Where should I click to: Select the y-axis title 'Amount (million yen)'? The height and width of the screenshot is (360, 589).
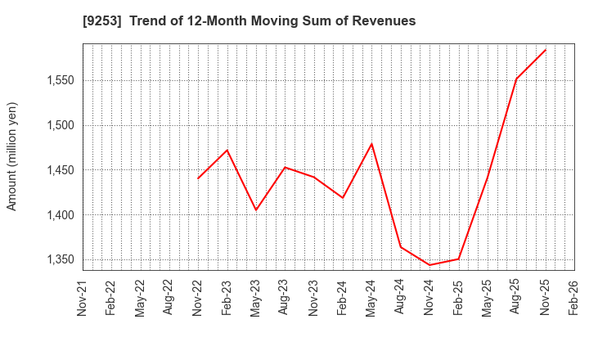11,156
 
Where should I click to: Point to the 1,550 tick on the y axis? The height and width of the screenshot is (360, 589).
58,80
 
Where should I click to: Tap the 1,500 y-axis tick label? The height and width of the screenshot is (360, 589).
58,125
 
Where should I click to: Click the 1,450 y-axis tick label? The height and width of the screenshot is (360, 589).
58,170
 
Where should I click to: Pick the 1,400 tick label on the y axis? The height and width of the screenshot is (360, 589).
58,215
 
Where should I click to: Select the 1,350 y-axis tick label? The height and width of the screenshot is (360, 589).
58,260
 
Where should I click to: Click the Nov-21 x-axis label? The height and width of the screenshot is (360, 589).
83,299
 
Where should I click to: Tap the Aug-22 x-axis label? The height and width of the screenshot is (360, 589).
169,299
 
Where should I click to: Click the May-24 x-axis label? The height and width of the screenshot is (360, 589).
371,299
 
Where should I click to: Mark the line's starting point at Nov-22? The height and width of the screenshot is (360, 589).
198,178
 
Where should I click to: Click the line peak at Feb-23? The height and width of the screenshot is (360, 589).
227,150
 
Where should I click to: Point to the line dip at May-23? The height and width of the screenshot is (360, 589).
256,210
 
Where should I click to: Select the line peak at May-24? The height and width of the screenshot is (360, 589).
371,144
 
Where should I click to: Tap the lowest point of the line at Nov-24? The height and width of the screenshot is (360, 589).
429,265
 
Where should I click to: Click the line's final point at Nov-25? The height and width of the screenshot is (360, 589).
546,49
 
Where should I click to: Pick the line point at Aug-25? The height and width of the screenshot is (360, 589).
516,79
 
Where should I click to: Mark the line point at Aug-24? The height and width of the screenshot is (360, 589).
401,247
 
